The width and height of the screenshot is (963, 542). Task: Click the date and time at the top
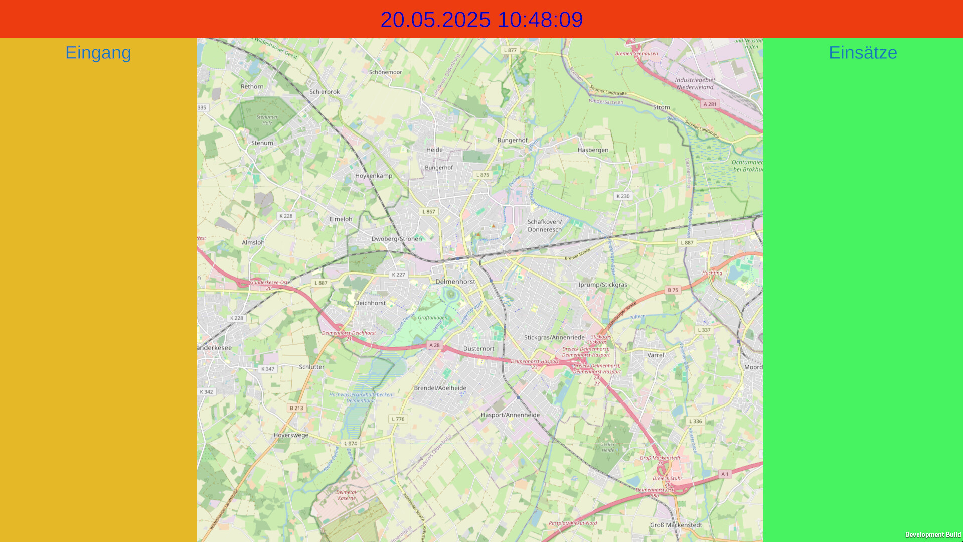click(x=481, y=20)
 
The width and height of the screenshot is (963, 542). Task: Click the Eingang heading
click(x=98, y=52)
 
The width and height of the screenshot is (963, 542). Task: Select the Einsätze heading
click(x=863, y=52)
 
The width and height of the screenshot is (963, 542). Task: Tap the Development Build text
click(x=933, y=535)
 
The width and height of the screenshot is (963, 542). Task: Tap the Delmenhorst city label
click(x=455, y=282)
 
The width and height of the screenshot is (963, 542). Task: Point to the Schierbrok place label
click(x=325, y=92)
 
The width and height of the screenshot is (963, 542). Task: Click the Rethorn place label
click(x=252, y=86)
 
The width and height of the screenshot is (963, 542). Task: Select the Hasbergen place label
click(x=593, y=150)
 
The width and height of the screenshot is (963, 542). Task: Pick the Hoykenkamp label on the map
click(x=374, y=176)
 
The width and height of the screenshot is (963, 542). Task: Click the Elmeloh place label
click(x=341, y=219)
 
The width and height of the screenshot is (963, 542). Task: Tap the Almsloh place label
click(x=253, y=242)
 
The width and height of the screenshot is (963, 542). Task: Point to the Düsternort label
click(x=478, y=349)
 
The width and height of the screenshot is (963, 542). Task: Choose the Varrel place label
click(x=656, y=355)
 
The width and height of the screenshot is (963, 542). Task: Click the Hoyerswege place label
click(x=291, y=435)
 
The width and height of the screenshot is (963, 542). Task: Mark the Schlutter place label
click(x=311, y=367)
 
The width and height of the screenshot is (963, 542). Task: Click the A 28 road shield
click(x=434, y=345)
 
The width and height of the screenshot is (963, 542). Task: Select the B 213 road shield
click(x=296, y=408)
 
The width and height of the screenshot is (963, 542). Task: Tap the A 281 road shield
click(x=710, y=104)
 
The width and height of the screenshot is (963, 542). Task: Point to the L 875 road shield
click(x=483, y=175)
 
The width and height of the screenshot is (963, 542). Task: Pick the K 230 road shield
click(x=623, y=196)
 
